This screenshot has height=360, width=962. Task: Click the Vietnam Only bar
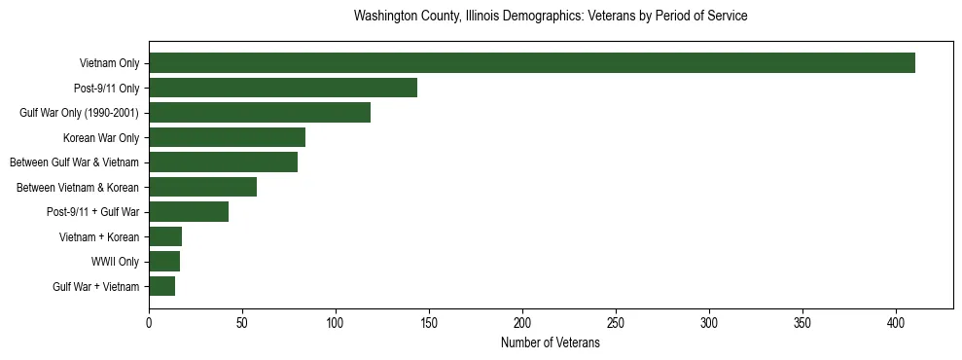(532, 63)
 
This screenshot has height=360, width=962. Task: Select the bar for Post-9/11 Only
(283, 88)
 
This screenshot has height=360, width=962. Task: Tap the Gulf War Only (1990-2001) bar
(260, 113)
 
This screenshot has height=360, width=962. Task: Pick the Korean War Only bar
(227, 137)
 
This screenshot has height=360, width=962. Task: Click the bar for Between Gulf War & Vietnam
(223, 162)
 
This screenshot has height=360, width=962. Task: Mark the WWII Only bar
(164, 261)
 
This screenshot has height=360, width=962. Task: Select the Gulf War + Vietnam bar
(161, 286)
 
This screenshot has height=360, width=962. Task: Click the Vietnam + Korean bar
(165, 236)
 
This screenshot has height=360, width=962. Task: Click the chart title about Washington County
(551, 17)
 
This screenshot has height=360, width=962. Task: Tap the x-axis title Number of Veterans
(551, 343)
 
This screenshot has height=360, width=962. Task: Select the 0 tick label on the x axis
(149, 322)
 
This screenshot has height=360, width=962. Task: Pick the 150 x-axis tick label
(429, 322)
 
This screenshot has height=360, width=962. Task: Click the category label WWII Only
(116, 261)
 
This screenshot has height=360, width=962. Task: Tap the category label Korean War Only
(101, 137)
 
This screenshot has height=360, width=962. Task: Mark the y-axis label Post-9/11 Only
(106, 88)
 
